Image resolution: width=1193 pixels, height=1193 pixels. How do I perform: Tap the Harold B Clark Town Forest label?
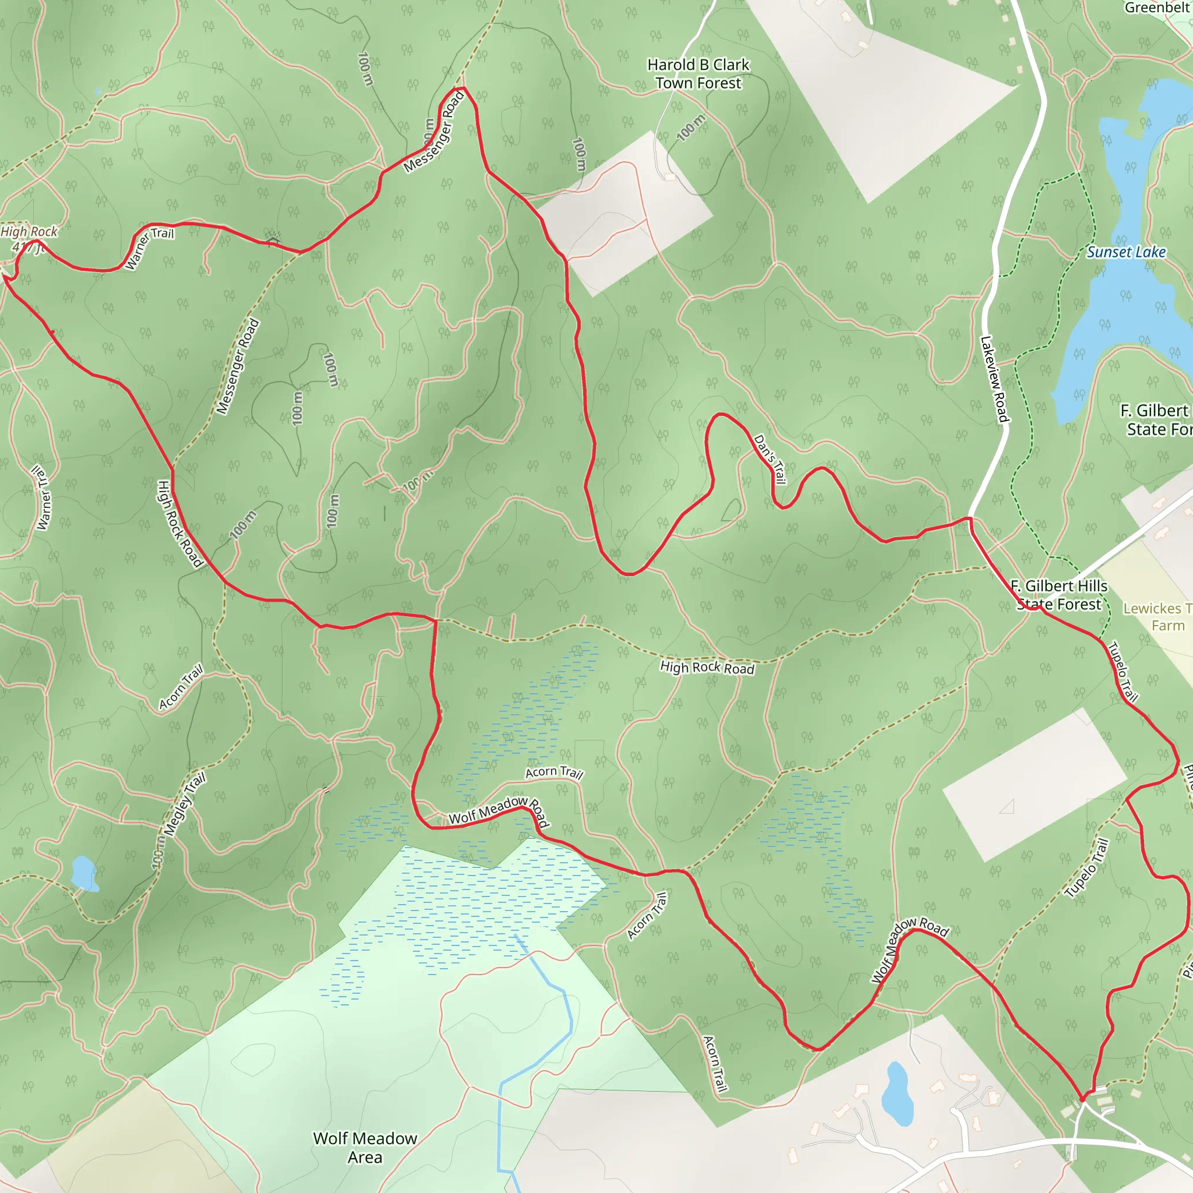(x=698, y=74)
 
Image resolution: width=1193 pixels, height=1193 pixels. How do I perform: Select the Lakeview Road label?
(x=994, y=379)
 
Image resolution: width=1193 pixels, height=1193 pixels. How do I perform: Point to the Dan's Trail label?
(x=770, y=460)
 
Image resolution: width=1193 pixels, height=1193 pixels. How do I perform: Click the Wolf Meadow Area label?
(x=365, y=1148)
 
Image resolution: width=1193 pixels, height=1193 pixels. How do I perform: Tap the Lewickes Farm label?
(x=1159, y=617)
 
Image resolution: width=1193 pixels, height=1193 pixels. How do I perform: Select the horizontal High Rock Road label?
(x=707, y=668)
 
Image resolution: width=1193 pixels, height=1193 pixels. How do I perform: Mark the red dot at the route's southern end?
(x=1082, y=1099)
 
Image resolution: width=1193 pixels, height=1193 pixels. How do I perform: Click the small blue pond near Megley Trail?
(x=83, y=873)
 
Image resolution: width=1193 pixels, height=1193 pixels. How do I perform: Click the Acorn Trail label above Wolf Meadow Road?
(x=554, y=772)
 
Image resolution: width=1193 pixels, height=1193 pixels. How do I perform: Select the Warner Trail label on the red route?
(x=149, y=248)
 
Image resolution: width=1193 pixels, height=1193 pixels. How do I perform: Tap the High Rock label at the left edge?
(x=29, y=232)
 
